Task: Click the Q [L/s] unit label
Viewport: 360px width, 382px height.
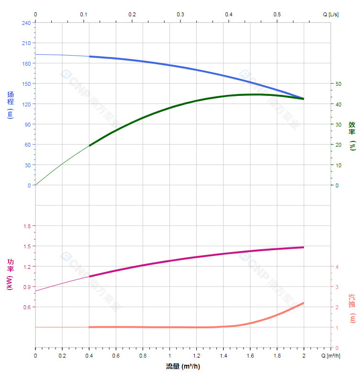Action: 330,14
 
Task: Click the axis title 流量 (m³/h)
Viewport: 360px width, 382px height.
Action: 183,367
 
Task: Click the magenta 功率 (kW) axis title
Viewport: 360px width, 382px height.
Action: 11,274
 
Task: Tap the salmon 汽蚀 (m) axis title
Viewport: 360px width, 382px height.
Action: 352,308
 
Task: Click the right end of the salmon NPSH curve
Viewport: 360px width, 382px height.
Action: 304,303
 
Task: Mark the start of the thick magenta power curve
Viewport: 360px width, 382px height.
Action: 90,277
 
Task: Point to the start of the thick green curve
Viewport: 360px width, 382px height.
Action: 90,145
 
